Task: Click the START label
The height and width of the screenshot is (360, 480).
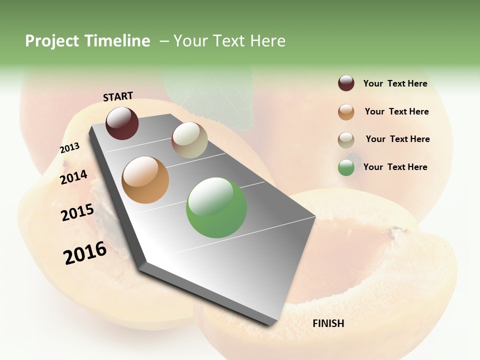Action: click(118, 96)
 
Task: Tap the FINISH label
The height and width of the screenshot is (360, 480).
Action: click(328, 323)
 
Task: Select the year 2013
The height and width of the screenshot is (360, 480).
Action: click(69, 148)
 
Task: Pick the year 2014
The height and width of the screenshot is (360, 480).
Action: click(74, 177)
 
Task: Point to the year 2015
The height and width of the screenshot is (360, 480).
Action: click(77, 212)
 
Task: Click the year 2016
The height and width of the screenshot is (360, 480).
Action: click(85, 253)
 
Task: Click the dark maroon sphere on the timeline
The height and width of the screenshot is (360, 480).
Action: click(122, 123)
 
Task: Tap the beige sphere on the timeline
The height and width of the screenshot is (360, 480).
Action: click(189, 140)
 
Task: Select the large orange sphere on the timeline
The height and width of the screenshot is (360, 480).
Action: click(145, 180)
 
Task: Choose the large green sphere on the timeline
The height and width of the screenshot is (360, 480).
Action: click(216, 207)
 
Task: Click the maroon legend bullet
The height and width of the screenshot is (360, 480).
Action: click(346, 83)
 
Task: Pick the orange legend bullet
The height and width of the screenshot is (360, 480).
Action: click(346, 112)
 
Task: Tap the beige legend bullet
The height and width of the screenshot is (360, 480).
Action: click(346, 140)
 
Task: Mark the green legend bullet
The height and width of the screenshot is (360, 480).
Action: click(346, 167)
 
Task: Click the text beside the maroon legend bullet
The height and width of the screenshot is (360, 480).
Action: click(395, 83)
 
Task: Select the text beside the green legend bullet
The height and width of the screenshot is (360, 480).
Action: click(395, 167)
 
